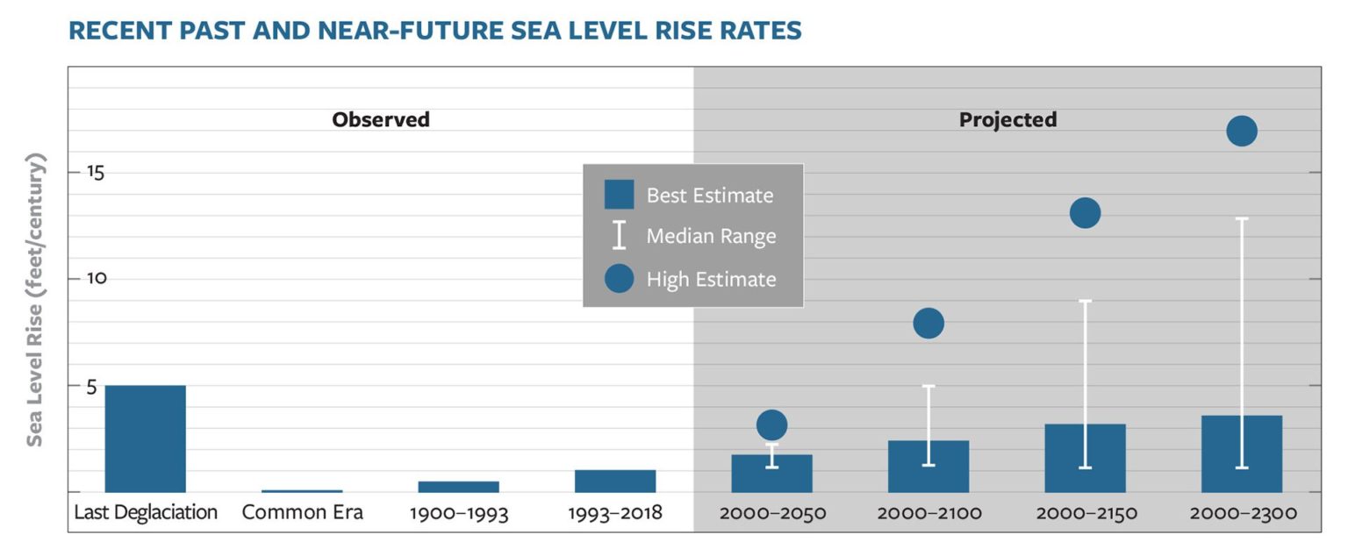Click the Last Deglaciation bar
(145, 438)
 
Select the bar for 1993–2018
(615, 481)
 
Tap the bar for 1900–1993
(458, 487)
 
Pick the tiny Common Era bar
(302, 491)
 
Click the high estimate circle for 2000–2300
(1242, 132)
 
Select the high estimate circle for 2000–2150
(1085, 212)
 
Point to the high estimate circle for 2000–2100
(929, 324)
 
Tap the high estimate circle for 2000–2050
(771, 425)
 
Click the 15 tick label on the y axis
(95, 172)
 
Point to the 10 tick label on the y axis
(95, 278)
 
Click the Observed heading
(381, 120)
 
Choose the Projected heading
(1007, 120)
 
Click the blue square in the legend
(619, 195)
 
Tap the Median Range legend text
(711, 236)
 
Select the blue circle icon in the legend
(619, 279)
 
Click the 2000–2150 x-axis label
(1086, 513)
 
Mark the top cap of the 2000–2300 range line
(1242, 218)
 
